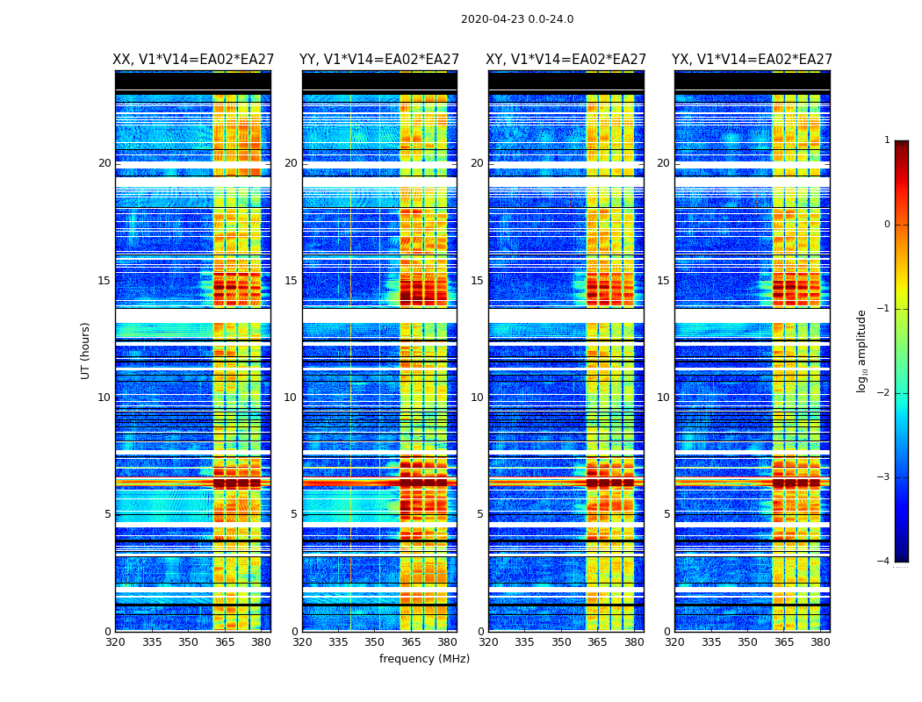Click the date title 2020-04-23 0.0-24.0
click(517, 19)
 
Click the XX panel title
click(192, 60)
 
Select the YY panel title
click(379, 60)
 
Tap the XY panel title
click(566, 60)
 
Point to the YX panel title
click(753, 60)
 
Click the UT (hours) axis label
click(86, 350)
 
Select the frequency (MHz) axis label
click(424, 659)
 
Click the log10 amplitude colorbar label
click(862, 350)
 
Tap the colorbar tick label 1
click(887, 140)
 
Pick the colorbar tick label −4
click(884, 562)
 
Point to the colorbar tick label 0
click(887, 225)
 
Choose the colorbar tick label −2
click(884, 393)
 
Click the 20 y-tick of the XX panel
click(104, 163)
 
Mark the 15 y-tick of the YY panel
click(291, 281)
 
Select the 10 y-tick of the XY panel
click(477, 398)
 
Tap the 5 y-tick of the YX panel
click(666, 514)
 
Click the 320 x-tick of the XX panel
click(115, 642)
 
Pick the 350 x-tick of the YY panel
click(375, 642)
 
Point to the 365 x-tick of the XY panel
click(597, 642)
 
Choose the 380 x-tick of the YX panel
click(820, 642)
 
